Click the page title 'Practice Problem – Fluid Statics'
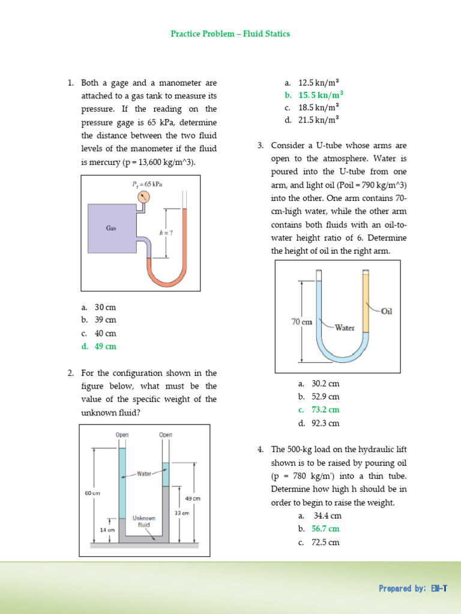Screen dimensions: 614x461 click(x=230, y=34)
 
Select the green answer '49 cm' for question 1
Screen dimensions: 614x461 click(x=105, y=347)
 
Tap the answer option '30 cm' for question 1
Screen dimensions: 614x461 click(x=105, y=307)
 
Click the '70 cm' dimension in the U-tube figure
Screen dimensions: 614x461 click(x=302, y=322)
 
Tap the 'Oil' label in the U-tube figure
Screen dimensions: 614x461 click(x=386, y=311)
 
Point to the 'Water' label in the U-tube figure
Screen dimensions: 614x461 click(x=345, y=328)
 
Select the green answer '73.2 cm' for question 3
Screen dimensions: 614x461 click(x=325, y=410)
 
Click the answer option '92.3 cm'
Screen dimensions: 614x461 click(x=325, y=423)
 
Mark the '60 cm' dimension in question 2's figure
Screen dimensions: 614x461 click(x=92, y=493)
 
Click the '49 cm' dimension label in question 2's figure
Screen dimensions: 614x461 click(x=193, y=498)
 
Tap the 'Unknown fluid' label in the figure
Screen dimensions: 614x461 click(x=144, y=521)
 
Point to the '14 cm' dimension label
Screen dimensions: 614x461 click(x=107, y=530)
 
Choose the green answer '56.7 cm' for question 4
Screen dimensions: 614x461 click(x=325, y=529)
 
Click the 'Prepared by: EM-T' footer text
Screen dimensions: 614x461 click(x=412, y=588)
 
